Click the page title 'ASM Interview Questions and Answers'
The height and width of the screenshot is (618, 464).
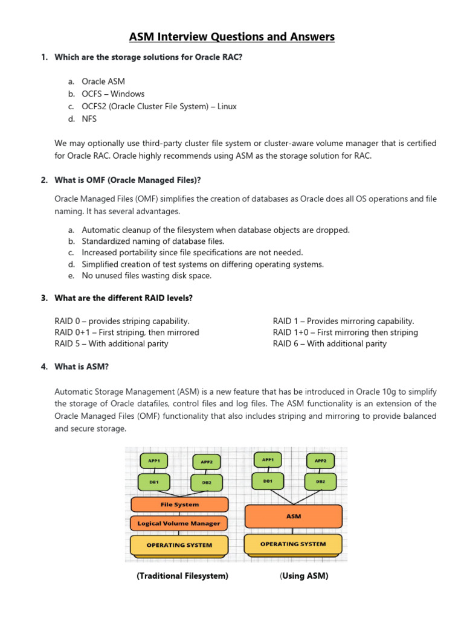pos(231,37)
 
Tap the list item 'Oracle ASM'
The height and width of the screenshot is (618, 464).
pos(103,81)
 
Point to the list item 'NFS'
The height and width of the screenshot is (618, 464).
pos(89,119)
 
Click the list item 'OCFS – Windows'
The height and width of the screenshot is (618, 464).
pos(113,94)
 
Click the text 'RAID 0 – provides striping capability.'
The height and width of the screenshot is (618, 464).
pos(122,321)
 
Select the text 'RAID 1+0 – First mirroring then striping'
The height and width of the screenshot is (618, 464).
pos(345,333)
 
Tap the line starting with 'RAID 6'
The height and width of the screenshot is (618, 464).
pos(329,344)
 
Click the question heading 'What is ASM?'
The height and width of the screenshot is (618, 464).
pos(82,366)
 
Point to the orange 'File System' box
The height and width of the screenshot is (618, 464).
pos(179,505)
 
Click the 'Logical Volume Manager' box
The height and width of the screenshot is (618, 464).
pos(179,523)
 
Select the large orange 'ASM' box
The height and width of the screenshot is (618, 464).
pos(293,517)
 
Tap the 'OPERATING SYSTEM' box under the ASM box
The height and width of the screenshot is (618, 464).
pos(293,544)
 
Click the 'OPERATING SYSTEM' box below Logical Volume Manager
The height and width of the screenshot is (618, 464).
pos(179,545)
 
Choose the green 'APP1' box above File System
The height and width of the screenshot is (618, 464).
pos(154,460)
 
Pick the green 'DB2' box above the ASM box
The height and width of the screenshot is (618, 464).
pos(320,482)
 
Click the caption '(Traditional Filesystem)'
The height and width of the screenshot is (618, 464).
pos(182,576)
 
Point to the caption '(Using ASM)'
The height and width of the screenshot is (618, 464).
pos(304,576)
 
